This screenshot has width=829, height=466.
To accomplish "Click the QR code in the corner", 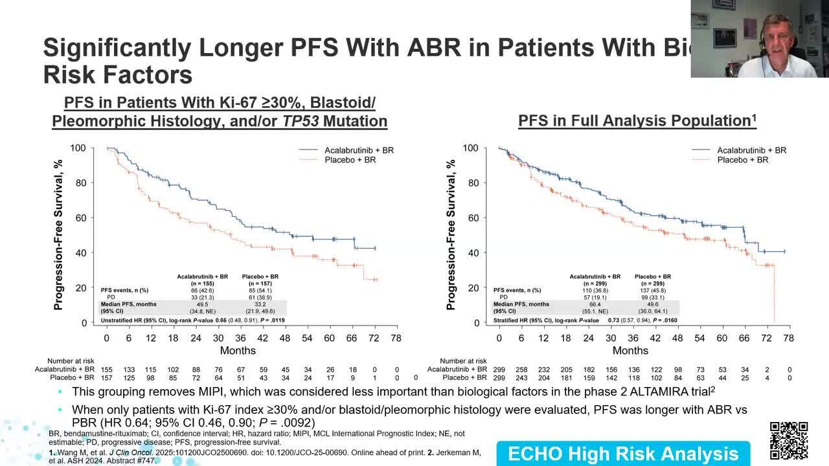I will pyautogui.click(x=788, y=440).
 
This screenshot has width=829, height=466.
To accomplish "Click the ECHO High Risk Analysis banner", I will pyautogui.click(x=622, y=454).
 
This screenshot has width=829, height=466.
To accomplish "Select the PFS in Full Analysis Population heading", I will pyautogui.click(x=637, y=120).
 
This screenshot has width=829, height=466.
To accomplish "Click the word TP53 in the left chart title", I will pyautogui.click(x=296, y=121).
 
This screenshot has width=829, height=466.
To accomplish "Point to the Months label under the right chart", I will pyautogui.click(x=630, y=350).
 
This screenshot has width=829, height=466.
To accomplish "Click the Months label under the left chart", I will pyautogui.click(x=238, y=350).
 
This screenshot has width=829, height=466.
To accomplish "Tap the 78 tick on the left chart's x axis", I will pyautogui.click(x=396, y=338).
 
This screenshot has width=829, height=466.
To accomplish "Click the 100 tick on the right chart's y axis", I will pyautogui.click(x=470, y=148).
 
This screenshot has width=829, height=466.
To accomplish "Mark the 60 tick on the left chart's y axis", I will pyautogui.click(x=80, y=218).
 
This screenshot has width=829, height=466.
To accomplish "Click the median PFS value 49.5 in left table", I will pyautogui.click(x=202, y=304).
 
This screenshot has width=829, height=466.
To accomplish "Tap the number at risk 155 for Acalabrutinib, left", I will pyautogui.click(x=107, y=370).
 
